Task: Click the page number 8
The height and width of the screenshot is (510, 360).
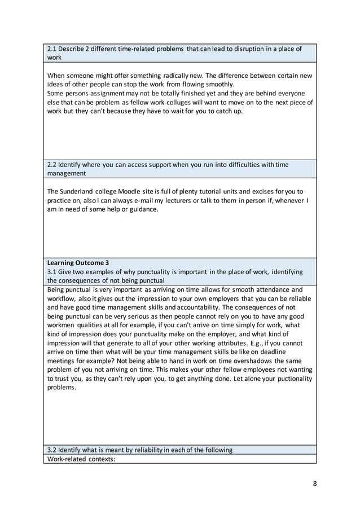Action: coord(315,483)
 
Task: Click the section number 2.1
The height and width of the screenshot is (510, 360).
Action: coord(53,49)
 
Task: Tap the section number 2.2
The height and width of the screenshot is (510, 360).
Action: coord(53,164)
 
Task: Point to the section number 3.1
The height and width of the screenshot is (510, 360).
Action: coord(53,271)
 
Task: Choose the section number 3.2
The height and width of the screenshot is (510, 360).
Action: coord(53,450)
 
